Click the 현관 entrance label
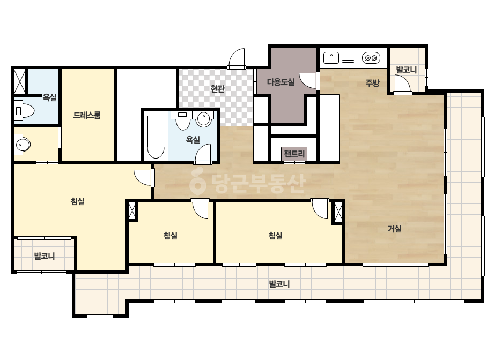pyautogui.click(x=218, y=88)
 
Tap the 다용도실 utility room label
pyautogui.click(x=280, y=82)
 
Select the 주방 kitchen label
pyautogui.click(x=372, y=83)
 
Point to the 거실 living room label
pyautogui.click(x=395, y=228)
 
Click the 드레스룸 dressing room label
pyautogui.click(x=87, y=115)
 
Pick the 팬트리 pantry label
pyautogui.click(x=294, y=154)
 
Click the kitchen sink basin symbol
pyautogui.click(x=331, y=58)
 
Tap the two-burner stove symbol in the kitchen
pyautogui.click(x=371, y=58)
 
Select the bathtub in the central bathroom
pyautogui.click(x=156, y=137)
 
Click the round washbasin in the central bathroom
pyautogui.click(x=204, y=119)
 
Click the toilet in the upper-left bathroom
pyautogui.click(x=24, y=111)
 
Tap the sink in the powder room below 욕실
pyautogui.click(x=22, y=145)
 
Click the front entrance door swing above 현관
pyautogui.click(x=236, y=59)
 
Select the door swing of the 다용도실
pyautogui.click(x=309, y=80)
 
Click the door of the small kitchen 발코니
pyautogui.click(x=403, y=85)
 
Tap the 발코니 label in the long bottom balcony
pyautogui.click(x=279, y=284)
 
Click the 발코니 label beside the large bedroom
pyautogui.click(x=45, y=256)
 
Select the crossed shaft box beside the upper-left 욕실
pyautogui.click(x=20, y=81)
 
